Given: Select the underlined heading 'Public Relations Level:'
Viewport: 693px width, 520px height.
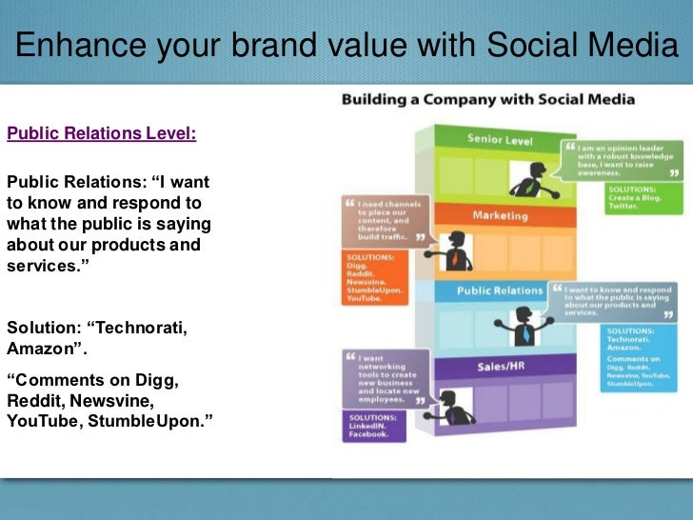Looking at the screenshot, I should coord(102,133).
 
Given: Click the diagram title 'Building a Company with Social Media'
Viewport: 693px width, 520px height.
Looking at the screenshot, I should coord(488,99).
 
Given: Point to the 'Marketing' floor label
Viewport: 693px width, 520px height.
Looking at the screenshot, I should coord(500,215).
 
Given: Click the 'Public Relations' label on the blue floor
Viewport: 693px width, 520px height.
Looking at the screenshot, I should coord(500,290).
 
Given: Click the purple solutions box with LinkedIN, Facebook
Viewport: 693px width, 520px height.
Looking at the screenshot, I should coord(374,427).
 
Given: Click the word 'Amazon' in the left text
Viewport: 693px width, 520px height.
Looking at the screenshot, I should coord(37,348).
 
